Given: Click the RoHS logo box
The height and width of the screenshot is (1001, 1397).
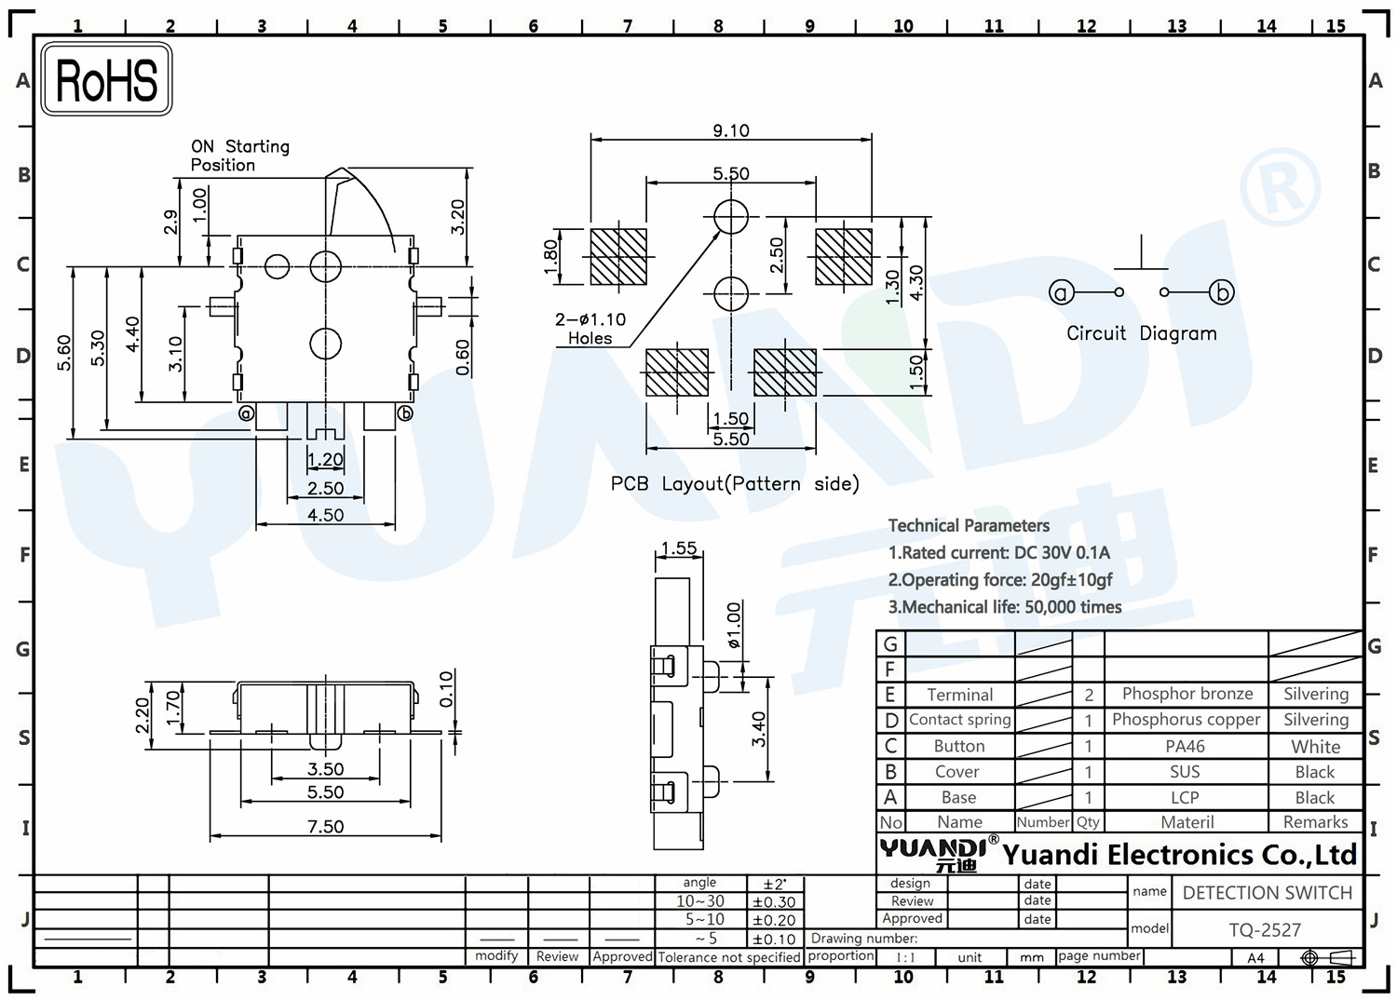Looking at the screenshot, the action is pyautogui.click(x=107, y=79).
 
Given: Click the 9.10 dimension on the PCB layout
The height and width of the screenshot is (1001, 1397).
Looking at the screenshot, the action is pyautogui.click(x=730, y=130).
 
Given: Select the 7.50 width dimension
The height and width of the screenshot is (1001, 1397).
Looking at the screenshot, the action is pyautogui.click(x=325, y=826).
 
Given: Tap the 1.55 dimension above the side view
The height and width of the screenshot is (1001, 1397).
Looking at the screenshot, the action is pyautogui.click(x=679, y=548).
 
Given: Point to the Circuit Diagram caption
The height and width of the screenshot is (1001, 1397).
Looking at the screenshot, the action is pyautogui.click(x=1141, y=333).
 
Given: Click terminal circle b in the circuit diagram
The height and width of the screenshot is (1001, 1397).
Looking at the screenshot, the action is pyautogui.click(x=1221, y=291).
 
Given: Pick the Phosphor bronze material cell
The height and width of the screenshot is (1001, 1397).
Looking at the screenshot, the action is pyautogui.click(x=1187, y=694).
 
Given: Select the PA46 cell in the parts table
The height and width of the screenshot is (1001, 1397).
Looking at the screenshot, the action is pyautogui.click(x=1185, y=746).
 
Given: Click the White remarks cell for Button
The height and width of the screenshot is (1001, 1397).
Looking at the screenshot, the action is pyautogui.click(x=1315, y=747).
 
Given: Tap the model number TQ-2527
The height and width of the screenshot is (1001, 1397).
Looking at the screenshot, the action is pyautogui.click(x=1265, y=930).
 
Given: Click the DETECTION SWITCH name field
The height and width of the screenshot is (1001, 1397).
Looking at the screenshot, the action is pyautogui.click(x=1268, y=892).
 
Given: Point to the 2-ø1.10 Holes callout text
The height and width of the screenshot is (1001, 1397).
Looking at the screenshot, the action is pyautogui.click(x=590, y=329).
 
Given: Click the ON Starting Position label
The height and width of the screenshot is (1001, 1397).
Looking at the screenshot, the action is pyautogui.click(x=240, y=156).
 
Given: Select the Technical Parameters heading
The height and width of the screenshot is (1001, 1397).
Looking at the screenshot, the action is pyautogui.click(x=969, y=526).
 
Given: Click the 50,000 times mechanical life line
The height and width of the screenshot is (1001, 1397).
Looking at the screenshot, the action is pyautogui.click(x=1005, y=607).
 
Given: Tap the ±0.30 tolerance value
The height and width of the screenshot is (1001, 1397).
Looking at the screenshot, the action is pyautogui.click(x=774, y=902).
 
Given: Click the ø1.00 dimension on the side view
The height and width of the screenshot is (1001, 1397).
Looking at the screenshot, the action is pyautogui.click(x=734, y=625).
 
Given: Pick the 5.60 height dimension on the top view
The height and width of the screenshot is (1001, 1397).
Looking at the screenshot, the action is pyautogui.click(x=64, y=353).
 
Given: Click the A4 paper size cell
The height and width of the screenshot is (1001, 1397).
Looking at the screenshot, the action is pyautogui.click(x=1255, y=957).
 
